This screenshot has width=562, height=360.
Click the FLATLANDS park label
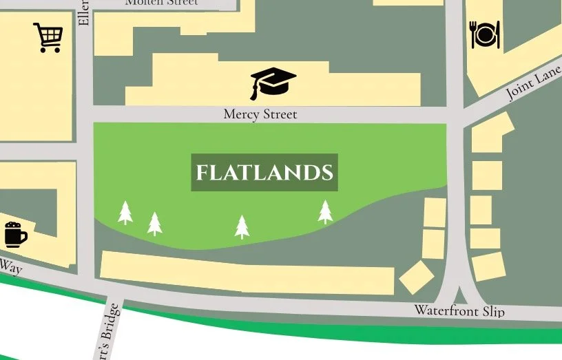[x=264, y=172]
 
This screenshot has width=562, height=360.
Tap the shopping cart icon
[x=48, y=38]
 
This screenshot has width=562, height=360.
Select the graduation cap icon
[x=272, y=83]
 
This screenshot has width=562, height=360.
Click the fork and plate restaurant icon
[x=484, y=34]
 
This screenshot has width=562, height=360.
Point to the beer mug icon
[x=14, y=235]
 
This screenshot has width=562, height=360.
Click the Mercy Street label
[x=260, y=114]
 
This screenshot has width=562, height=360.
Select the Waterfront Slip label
[x=459, y=311]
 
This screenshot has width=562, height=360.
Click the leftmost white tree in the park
[x=125, y=213]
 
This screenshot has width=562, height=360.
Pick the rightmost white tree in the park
[x=325, y=211]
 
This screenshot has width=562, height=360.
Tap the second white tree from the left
[x=155, y=224]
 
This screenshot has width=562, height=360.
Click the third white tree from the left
[x=242, y=226]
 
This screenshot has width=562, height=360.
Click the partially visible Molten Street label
[x=162, y=3]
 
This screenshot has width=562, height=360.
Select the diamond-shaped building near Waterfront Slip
[x=416, y=277]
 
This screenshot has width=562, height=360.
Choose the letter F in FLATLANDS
[x=201, y=173]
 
